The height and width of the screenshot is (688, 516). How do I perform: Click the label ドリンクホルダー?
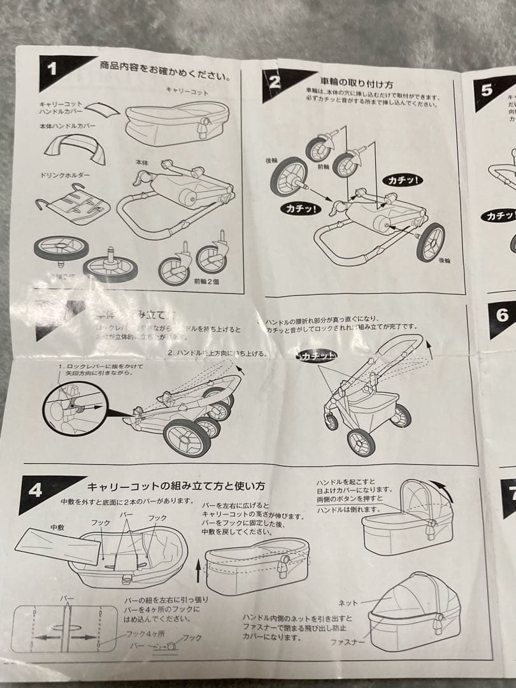pos(66,174)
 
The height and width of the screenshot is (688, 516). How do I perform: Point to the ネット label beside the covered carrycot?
pos(347,602)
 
